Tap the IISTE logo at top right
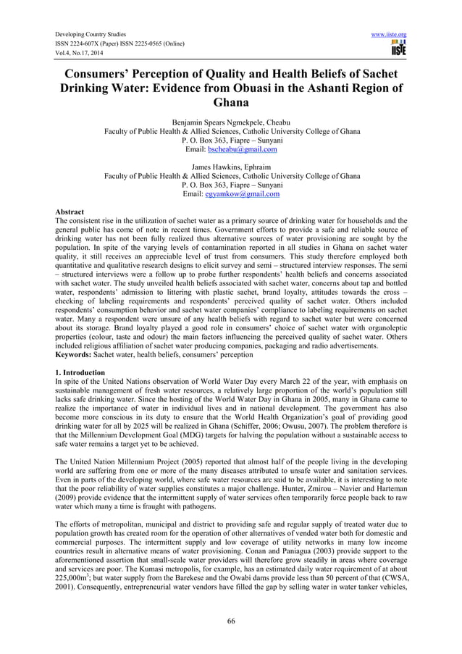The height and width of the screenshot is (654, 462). (x=398, y=49)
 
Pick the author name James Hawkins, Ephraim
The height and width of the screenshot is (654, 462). (x=232, y=168)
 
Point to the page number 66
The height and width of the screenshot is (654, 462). (x=231, y=621)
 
